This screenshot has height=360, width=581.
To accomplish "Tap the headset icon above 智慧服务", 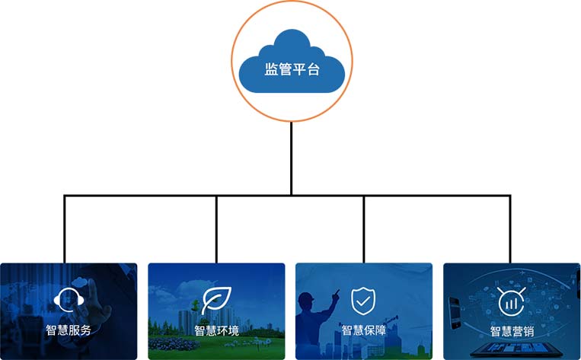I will (x=68, y=301).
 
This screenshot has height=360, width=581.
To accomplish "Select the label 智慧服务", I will (x=68, y=331).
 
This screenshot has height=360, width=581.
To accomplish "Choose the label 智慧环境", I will (x=216, y=331).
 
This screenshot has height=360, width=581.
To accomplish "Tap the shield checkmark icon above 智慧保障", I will (x=363, y=300).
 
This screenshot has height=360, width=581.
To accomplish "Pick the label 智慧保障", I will (x=363, y=330).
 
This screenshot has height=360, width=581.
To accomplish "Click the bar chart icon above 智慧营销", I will (x=510, y=302).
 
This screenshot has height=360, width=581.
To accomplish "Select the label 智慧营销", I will (x=511, y=331).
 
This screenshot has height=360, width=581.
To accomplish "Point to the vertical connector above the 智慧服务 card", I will (x=65, y=228).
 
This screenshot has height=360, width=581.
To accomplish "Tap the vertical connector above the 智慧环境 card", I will (x=216, y=228).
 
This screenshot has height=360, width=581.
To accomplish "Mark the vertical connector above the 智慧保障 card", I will (x=364, y=228).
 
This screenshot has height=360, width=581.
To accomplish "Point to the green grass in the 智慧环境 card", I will (x=183, y=346).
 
